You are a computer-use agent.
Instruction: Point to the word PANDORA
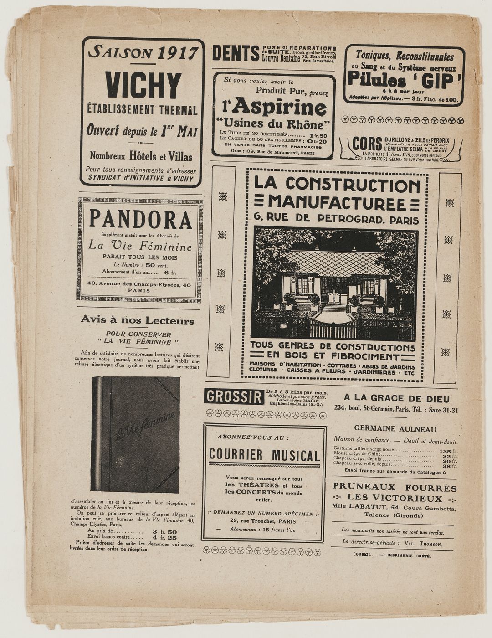140,220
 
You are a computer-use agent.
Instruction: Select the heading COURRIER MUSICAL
264,455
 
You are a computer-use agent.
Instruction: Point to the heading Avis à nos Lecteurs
137,320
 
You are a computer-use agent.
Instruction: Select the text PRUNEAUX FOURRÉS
395,487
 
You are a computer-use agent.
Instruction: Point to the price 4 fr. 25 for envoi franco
164,538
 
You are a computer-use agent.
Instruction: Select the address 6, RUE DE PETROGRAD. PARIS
336,219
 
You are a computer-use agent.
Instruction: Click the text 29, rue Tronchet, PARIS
263,521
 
